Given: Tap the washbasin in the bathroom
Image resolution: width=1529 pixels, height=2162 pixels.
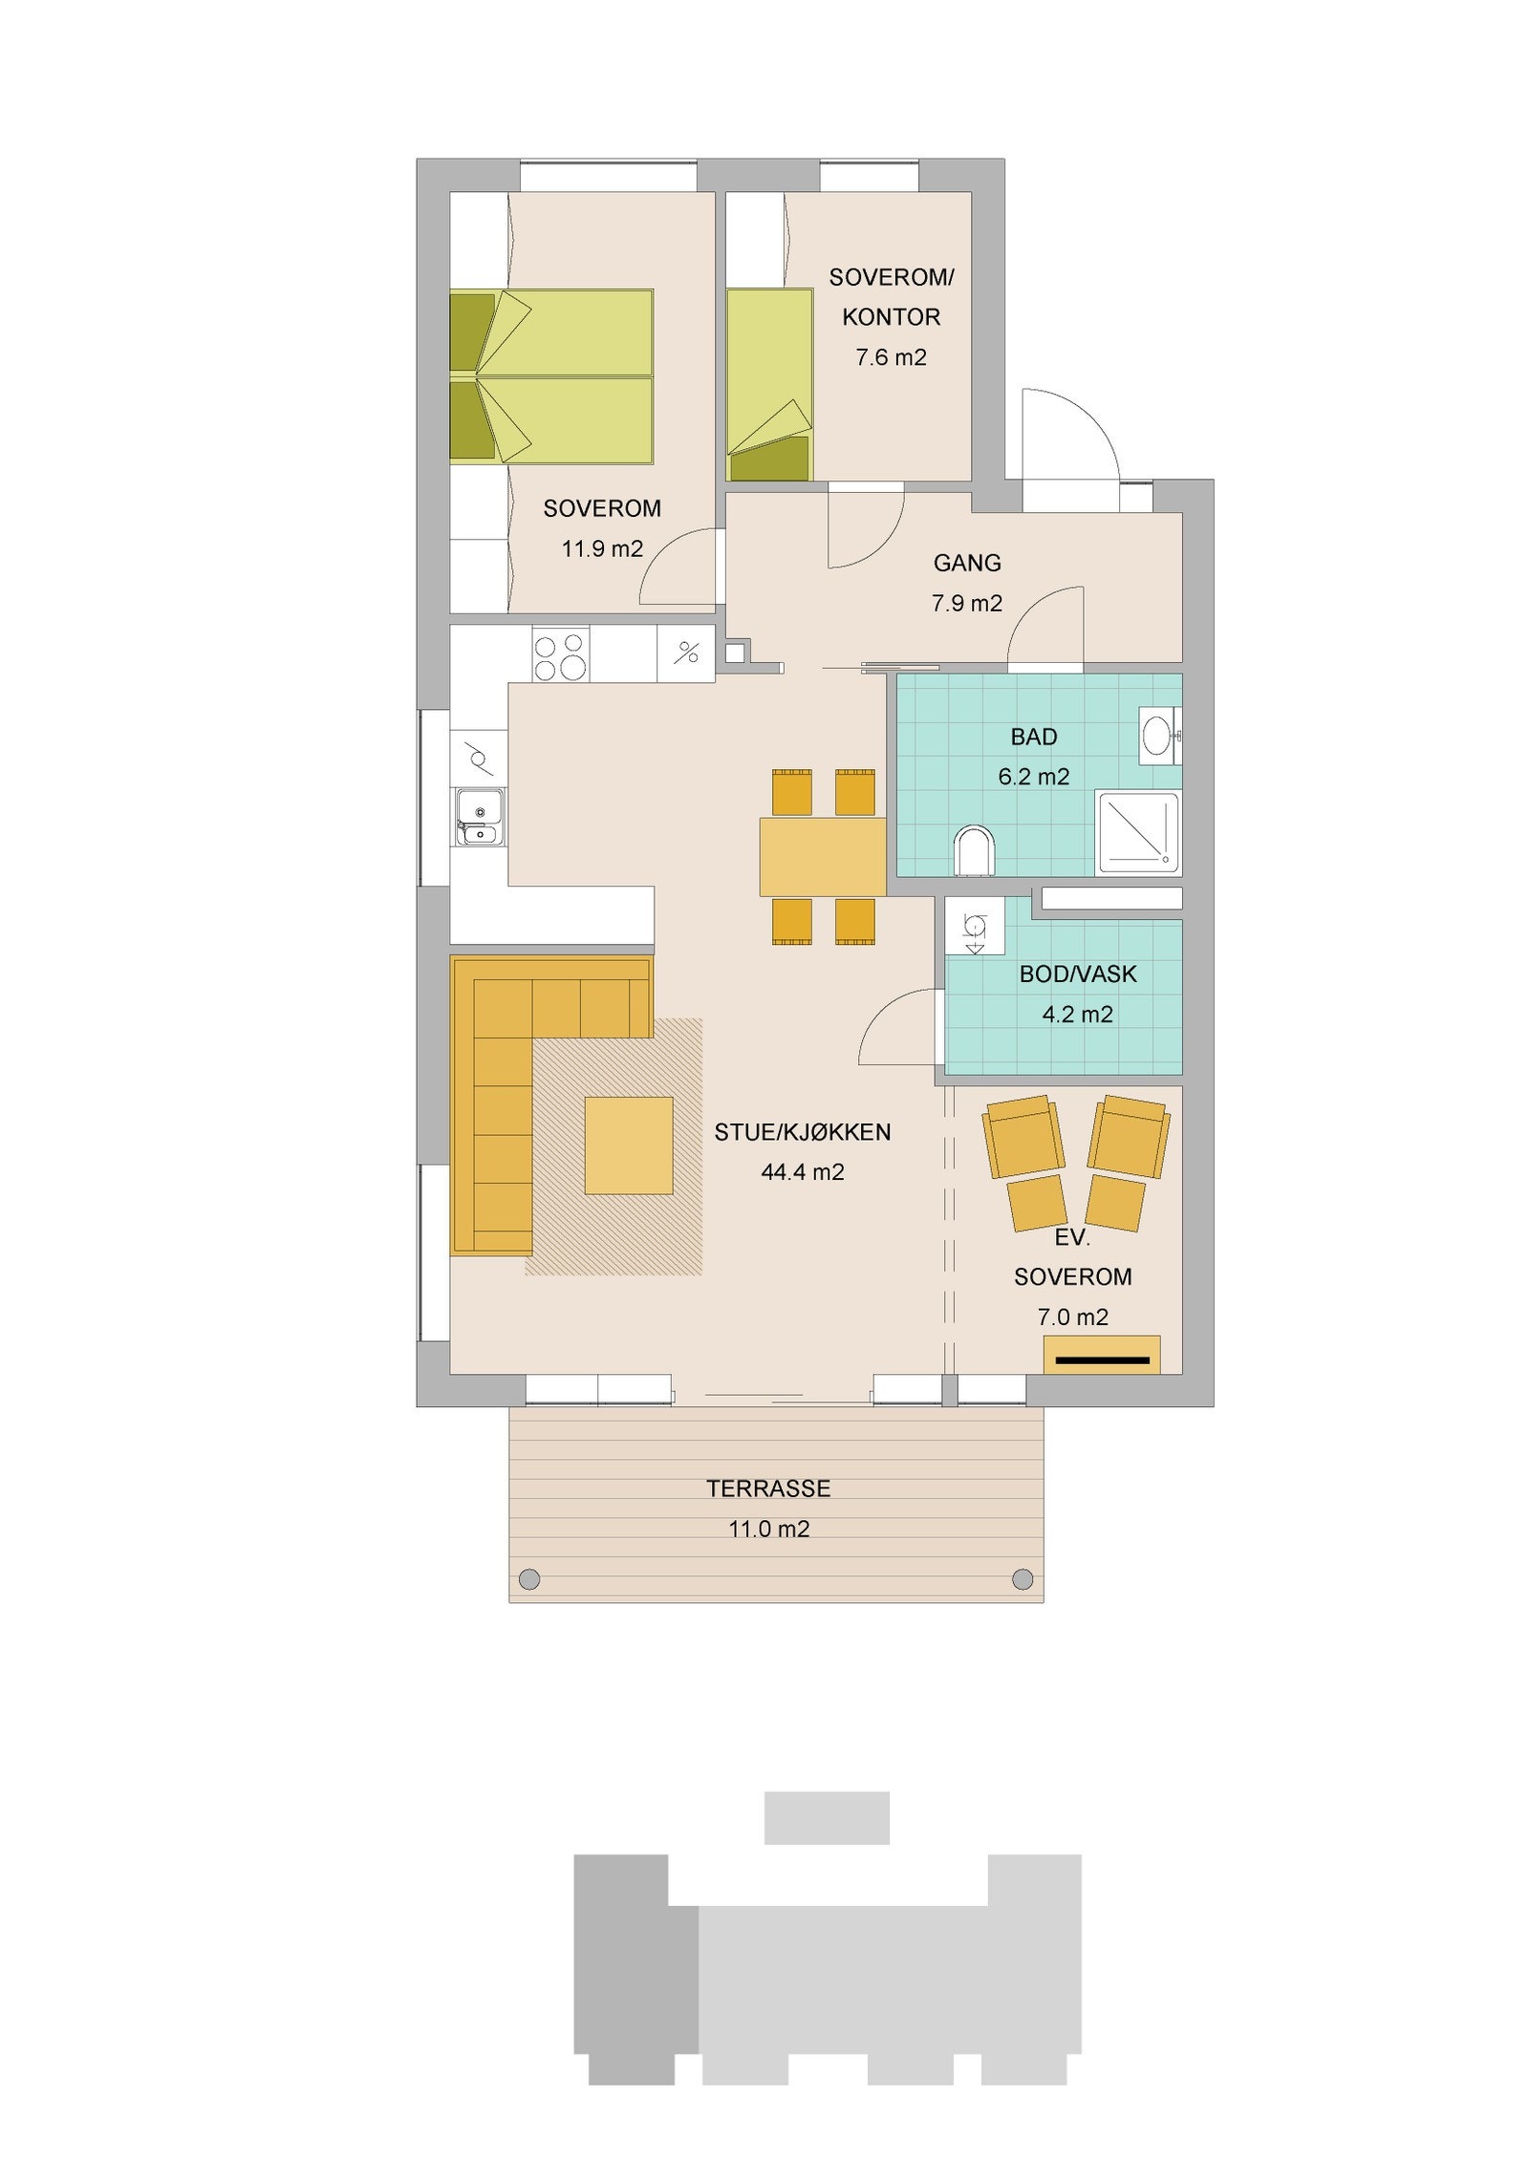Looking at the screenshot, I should coord(1159,736).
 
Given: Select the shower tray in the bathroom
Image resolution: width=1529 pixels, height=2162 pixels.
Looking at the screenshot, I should coord(1138,831).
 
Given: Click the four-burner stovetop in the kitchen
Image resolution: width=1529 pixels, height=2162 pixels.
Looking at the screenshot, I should coord(560,655).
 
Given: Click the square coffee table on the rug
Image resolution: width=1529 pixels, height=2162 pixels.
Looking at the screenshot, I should coord(628,1145).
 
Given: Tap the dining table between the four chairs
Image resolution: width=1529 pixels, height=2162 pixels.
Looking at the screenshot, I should coord(823,855).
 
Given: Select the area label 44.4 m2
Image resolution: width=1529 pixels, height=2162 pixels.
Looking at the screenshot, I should coord(802,1172).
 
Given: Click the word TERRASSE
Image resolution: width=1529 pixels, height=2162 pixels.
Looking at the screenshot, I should coord(768,1488).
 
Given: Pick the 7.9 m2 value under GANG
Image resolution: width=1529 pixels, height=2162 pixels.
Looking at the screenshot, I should coord(966,604).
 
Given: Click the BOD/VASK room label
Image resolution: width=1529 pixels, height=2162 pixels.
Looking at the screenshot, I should coord(1077,974).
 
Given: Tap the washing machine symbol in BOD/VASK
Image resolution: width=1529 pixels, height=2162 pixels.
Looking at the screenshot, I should coord(974,926).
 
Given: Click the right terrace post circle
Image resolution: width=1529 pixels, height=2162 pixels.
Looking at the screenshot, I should coord(1022,1577).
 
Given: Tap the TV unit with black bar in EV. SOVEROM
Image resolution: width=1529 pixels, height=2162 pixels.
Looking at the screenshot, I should coord(1101,1354).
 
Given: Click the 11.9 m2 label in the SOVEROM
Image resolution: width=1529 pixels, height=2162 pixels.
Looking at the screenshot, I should coord(601,549).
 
